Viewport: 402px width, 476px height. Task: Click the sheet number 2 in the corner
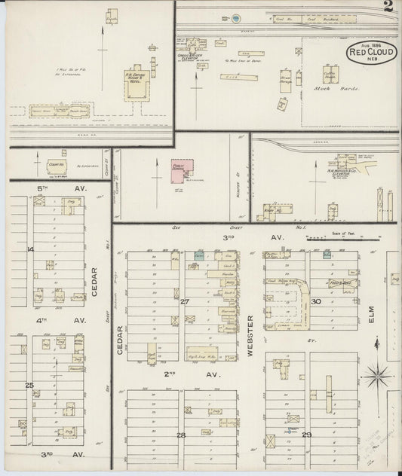point(387,8)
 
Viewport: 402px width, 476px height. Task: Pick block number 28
point(181,435)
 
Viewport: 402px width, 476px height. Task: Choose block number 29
point(307,435)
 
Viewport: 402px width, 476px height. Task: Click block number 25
point(29,386)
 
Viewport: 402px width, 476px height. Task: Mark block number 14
point(31,249)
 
